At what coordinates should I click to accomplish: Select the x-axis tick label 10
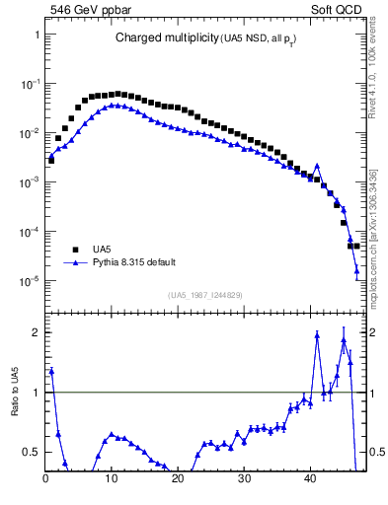[112, 479]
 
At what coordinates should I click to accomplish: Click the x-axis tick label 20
[178, 479]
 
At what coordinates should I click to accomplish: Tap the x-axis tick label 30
[244, 479]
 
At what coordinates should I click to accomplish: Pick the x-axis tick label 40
[310, 479]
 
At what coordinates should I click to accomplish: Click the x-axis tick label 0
[45, 479]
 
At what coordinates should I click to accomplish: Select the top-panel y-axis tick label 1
[36, 35]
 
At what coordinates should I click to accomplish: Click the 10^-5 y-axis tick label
[29, 281]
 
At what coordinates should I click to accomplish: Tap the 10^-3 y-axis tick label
[29, 182]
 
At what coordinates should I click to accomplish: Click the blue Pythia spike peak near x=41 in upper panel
[317, 166]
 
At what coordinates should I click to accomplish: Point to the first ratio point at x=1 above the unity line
[51, 371]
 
